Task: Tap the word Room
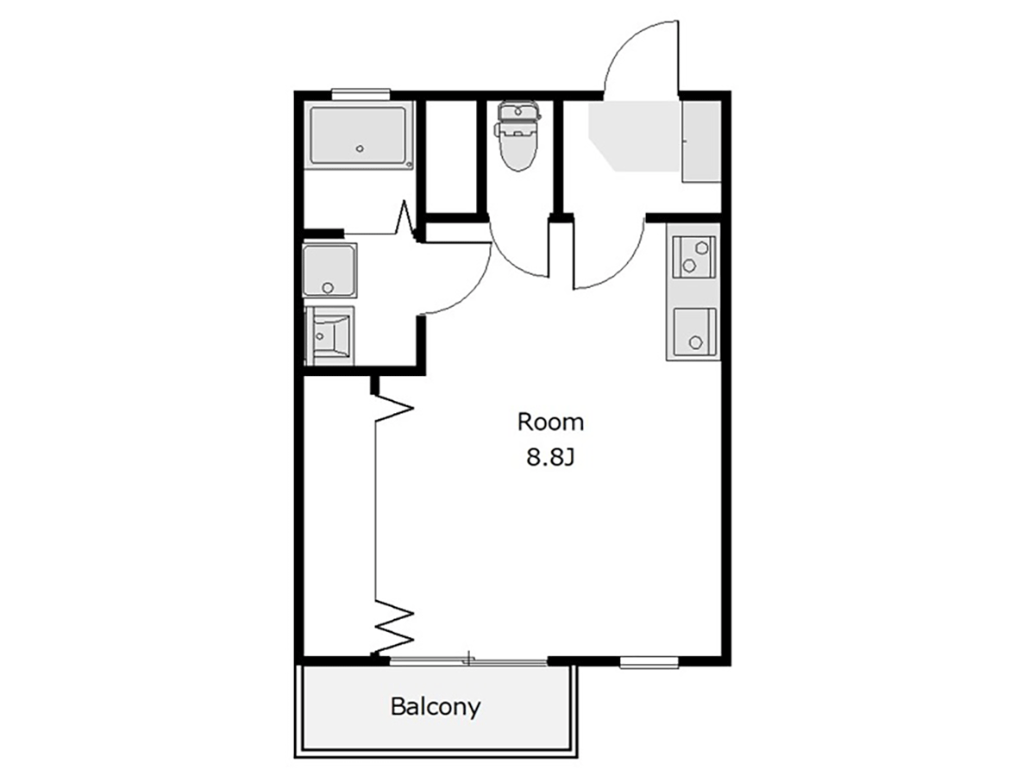pyautogui.click(x=550, y=422)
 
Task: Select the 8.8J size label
pyautogui.click(x=549, y=457)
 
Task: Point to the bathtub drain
pyautogui.click(x=360, y=149)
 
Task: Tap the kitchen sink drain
pyautogui.click(x=694, y=342)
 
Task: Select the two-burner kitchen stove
pyautogui.click(x=693, y=257)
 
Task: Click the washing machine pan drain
pyautogui.click(x=327, y=288)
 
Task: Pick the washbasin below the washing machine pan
pyautogui.click(x=329, y=335)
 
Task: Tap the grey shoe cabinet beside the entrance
pyautogui.click(x=701, y=142)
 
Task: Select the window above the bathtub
pyautogui.click(x=361, y=94)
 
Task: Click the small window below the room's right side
pyautogui.click(x=649, y=662)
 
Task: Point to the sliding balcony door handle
pyautogui.click(x=468, y=658)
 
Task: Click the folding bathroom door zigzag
pyautogui.click(x=405, y=221)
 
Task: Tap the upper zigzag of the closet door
pyautogui.click(x=393, y=407)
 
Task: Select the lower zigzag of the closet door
pyautogui.click(x=394, y=626)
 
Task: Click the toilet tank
pyautogui.click(x=518, y=112)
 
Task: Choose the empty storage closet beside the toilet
pyautogui.click(x=451, y=157)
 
